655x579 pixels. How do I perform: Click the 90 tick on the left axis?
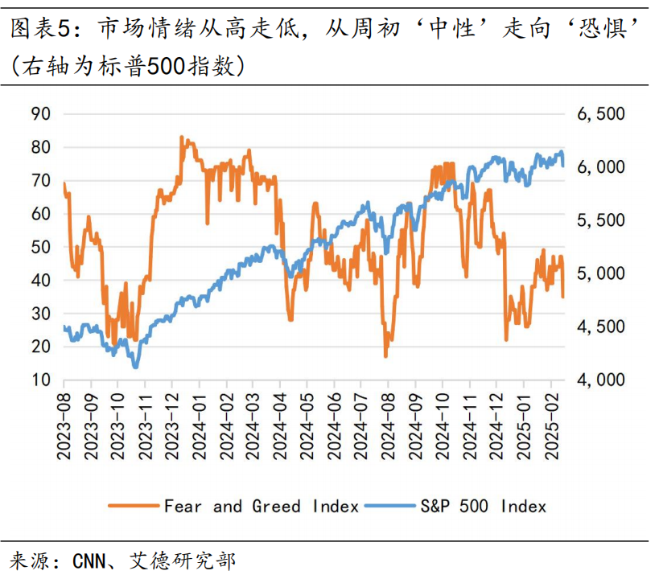(x=41, y=114)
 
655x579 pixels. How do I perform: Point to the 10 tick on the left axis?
(x=41, y=380)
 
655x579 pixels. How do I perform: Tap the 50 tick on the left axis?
(x=41, y=247)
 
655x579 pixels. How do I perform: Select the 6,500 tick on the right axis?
(x=601, y=114)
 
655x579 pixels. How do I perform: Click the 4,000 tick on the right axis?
(x=601, y=380)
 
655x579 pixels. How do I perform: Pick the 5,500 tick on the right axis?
(x=601, y=220)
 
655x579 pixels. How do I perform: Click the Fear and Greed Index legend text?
(x=261, y=506)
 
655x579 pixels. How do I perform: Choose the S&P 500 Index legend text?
(x=482, y=506)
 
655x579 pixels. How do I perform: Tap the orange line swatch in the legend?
(x=134, y=506)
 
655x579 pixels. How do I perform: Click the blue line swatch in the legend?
(x=389, y=506)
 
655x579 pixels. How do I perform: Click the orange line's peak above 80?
(x=182, y=138)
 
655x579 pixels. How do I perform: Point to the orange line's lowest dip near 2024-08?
(x=386, y=355)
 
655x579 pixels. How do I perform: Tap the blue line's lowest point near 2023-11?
(x=135, y=367)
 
